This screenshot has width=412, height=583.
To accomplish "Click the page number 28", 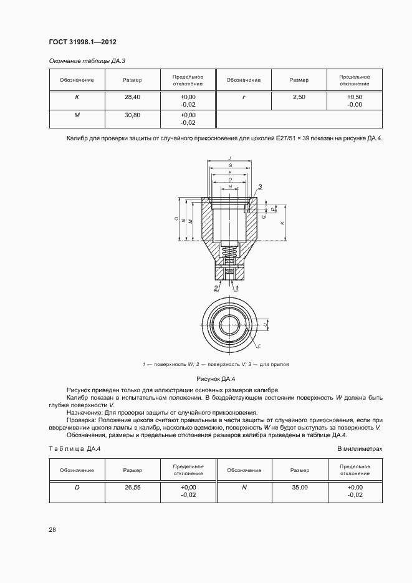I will pyautogui.click(x=52, y=530).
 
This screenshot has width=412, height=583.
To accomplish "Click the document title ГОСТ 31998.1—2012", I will pyautogui.click(x=82, y=42).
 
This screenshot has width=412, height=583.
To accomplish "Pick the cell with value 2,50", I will pyautogui.click(x=299, y=97).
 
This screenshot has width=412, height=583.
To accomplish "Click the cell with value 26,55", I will pyautogui.click(x=132, y=487).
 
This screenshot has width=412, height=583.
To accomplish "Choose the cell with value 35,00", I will pyautogui.click(x=299, y=487).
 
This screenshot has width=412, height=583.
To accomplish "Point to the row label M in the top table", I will pyautogui.click(x=77, y=115).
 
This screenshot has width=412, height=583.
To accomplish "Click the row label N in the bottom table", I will pyautogui.click(x=244, y=487).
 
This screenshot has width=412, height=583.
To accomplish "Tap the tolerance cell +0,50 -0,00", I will pyautogui.click(x=354, y=101).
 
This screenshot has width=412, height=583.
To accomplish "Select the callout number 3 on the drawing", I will pyautogui.click(x=260, y=186).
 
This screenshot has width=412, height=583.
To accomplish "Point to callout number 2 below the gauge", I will pyautogui.click(x=216, y=288).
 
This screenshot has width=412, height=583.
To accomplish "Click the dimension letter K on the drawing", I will pyautogui.click(x=282, y=223).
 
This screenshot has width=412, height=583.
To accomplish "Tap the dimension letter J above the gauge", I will pyautogui.click(x=230, y=158).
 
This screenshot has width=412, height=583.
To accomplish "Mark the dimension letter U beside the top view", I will pyautogui.click(x=265, y=325).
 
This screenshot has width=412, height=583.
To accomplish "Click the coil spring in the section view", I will pyautogui.click(x=230, y=254).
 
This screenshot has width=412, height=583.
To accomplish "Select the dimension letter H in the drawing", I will pyautogui.click(x=230, y=186).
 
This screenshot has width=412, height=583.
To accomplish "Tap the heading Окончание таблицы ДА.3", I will pyautogui.click(x=87, y=60).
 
